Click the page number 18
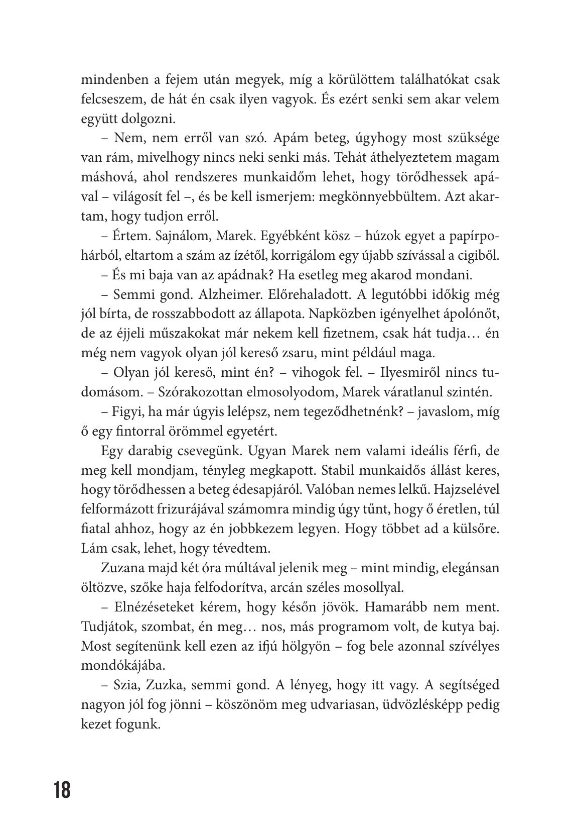(x=63, y=790)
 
